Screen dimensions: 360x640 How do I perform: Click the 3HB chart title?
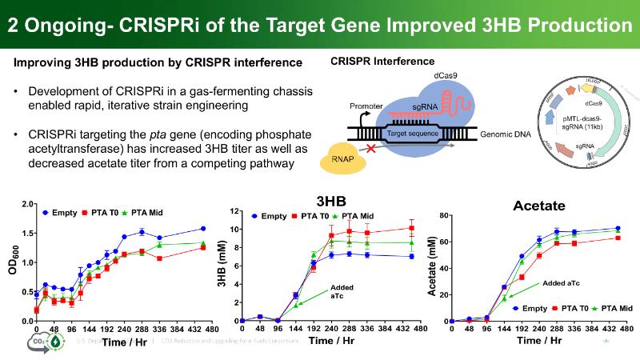click(x=331, y=201)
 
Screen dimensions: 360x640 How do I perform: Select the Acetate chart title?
click(x=539, y=206)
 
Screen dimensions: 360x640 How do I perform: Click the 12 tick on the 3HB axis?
click(x=238, y=211)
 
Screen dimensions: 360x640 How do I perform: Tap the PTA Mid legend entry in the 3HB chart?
click(x=353, y=216)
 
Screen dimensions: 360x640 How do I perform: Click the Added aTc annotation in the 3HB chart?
click(x=342, y=291)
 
